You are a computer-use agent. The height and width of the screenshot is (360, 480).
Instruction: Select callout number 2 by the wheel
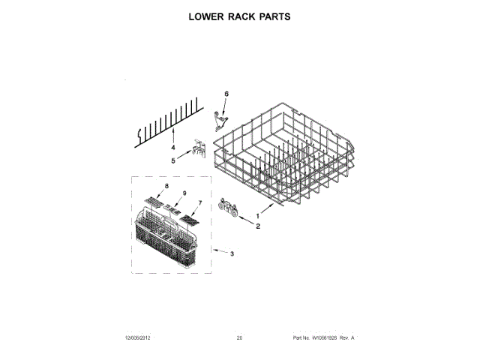(x=259, y=225)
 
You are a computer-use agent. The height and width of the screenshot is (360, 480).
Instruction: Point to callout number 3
(x=232, y=255)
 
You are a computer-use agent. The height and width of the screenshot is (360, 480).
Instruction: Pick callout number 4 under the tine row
(x=172, y=148)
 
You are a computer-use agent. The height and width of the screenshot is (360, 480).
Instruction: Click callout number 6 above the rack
(x=226, y=93)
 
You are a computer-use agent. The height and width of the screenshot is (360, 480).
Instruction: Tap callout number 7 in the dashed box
(x=200, y=204)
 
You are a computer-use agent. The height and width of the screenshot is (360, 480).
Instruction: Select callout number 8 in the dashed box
(x=166, y=184)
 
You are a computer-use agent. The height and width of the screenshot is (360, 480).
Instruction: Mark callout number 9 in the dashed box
(x=182, y=193)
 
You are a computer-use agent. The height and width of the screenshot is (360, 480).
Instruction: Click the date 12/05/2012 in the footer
(x=139, y=339)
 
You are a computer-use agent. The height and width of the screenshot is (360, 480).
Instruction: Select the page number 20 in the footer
(x=239, y=339)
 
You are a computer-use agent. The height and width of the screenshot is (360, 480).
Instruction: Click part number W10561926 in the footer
(x=318, y=339)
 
